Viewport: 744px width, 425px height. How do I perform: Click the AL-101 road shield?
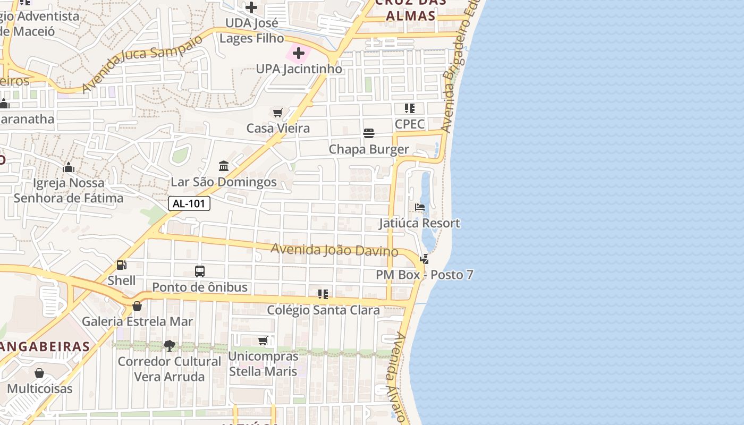(x=189, y=203)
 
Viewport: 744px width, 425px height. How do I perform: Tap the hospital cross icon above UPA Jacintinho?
(x=299, y=53)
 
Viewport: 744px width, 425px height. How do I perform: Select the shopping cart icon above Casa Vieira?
(x=277, y=113)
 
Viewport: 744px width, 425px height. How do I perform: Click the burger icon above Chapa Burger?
(x=369, y=133)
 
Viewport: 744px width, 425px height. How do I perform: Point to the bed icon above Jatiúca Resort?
(x=420, y=207)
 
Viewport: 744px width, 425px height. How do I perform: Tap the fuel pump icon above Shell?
(x=122, y=265)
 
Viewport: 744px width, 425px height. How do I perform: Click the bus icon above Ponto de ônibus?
(x=200, y=271)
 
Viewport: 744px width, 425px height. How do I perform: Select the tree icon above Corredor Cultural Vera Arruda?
(x=170, y=346)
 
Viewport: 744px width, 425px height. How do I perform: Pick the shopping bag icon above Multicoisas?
(x=39, y=373)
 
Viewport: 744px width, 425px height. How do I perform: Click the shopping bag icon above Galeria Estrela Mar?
(x=137, y=306)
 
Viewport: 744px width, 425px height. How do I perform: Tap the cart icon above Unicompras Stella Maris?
(x=263, y=341)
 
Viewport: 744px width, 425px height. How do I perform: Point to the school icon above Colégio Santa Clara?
(x=323, y=294)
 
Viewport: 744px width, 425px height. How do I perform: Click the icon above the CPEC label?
(x=410, y=108)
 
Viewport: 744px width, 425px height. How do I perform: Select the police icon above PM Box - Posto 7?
(x=424, y=259)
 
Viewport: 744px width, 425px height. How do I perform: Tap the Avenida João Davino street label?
(x=334, y=250)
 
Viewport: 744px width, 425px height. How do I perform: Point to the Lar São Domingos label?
(x=224, y=182)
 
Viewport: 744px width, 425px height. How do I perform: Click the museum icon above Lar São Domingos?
(x=224, y=166)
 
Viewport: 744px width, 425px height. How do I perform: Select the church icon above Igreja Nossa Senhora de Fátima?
(x=69, y=168)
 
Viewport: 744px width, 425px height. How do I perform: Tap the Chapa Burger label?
(x=369, y=149)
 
